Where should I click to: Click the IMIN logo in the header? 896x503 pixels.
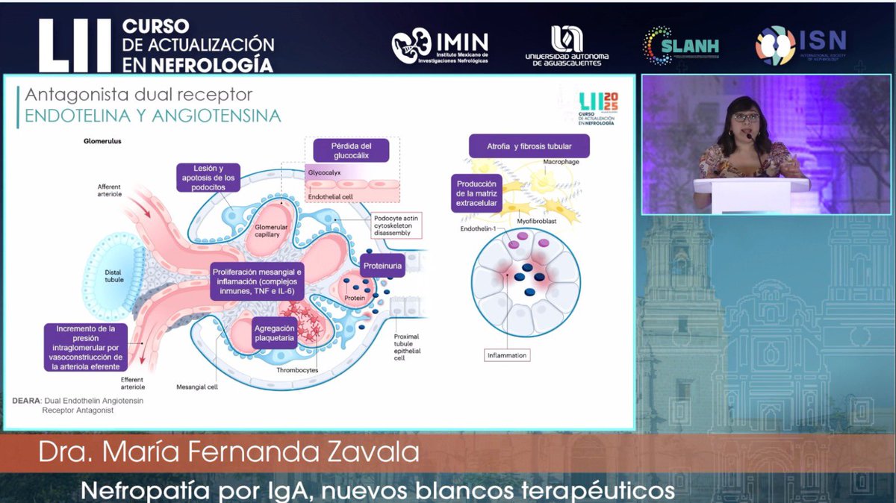pyautogui.click(x=440, y=46)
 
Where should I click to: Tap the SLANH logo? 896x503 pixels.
pyautogui.click(x=680, y=46)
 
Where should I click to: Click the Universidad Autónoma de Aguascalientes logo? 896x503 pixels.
pyautogui.click(x=567, y=46)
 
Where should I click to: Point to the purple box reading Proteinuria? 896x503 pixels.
pyautogui.click(x=383, y=266)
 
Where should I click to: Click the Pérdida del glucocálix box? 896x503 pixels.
pyautogui.click(x=351, y=150)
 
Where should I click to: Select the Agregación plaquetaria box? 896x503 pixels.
pyautogui.click(x=274, y=333)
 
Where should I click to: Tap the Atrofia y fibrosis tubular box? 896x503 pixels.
pyautogui.click(x=529, y=146)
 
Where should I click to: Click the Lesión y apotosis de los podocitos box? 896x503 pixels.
pyautogui.click(x=208, y=178)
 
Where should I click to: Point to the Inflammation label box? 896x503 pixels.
pyautogui.click(x=507, y=355)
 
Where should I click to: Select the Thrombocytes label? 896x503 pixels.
pyautogui.click(x=297, y=370)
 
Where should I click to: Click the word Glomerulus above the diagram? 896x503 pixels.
pyautogui.click(x=102, y=140)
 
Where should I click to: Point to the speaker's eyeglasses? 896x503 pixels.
pyautogui.click(x=745, y=118)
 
